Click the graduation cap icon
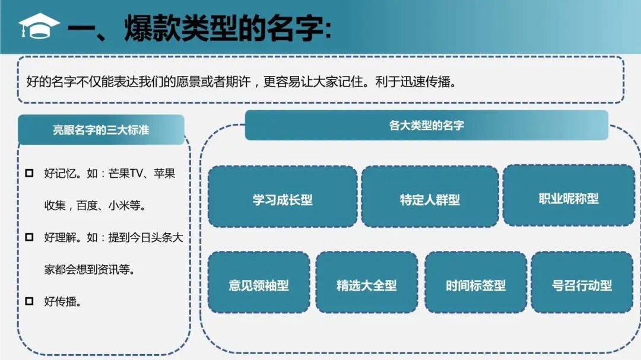coord(39,26)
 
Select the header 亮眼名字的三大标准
coord(101,130)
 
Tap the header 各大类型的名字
coord(426,125)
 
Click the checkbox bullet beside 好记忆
coord(29,174)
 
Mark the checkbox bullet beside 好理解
coord(29,237)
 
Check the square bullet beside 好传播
coord(29,301)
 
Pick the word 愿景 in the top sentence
coord(172,82)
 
